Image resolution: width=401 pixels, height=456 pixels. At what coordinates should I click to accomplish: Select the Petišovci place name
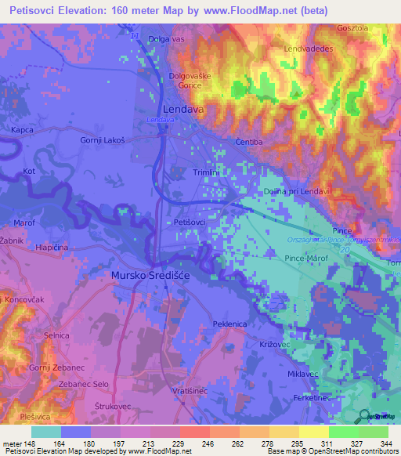click(193, 223)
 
